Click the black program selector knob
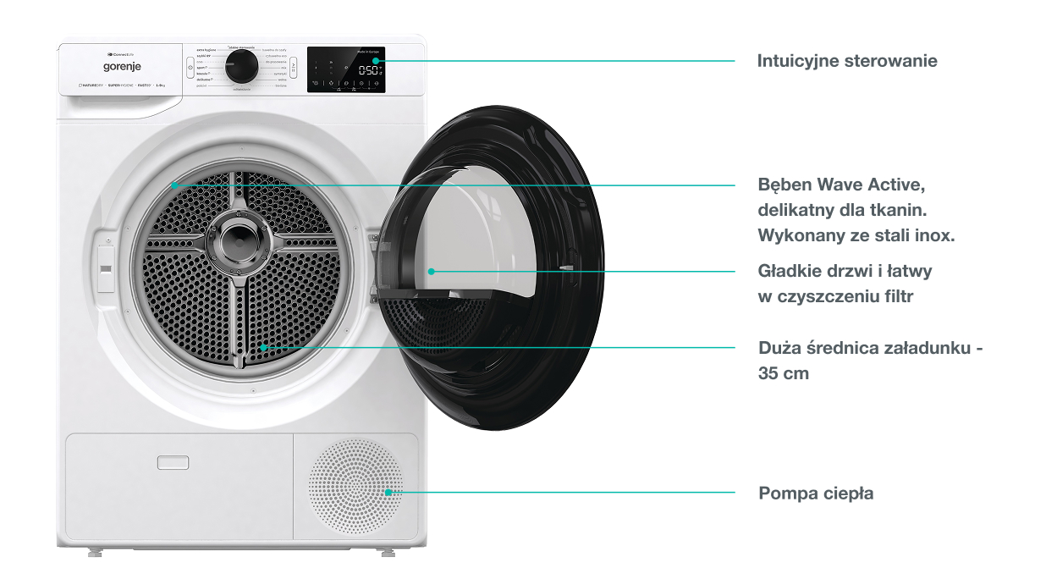242,66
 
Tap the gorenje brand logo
122,66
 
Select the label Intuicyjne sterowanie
847,61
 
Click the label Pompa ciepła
816,493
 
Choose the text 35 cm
784,372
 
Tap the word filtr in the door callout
896,296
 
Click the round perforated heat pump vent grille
355,486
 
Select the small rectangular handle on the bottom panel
173,461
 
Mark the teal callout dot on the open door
431,272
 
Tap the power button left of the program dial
190,66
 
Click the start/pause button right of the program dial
293,66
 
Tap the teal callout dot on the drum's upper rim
173,185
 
